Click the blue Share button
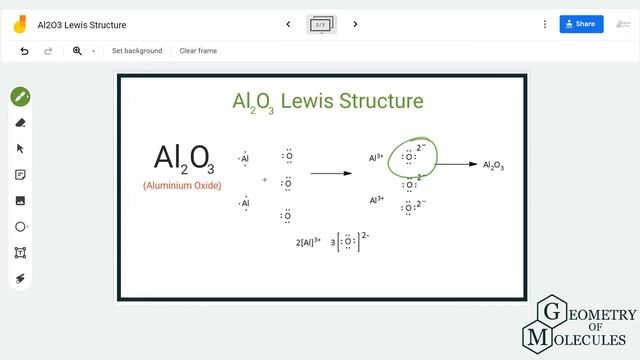(x=581, y=24)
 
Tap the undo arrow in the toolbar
(x=25, y=51)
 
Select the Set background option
(x=137, y=51)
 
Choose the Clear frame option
(x=198, y=51)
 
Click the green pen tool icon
(x=20, y=97)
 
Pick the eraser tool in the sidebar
(x=20, y=123)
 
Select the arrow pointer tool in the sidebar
(x=20, y=149)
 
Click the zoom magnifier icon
(x=77, y=51)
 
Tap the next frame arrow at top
(x=355, y=24)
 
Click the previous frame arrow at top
(x=289, y=24)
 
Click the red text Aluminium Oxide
(x=182, y=186)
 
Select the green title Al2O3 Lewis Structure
(x=327, y=101)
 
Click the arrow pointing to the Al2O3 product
(x=458, y=165)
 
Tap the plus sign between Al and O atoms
(x=265, y=180)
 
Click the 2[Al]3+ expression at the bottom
(x=308, y=242)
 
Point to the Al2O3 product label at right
(x=493, y=166)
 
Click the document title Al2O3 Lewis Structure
(x=82, y=24)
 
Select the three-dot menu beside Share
(x=544, y=24)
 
